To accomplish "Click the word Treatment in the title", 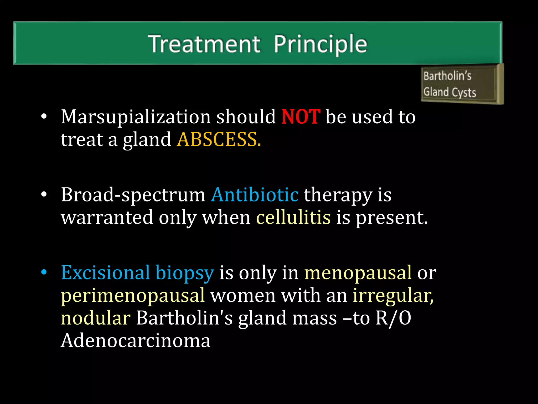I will (204, 44).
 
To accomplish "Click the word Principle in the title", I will (320, 44).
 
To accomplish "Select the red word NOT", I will (301, 117).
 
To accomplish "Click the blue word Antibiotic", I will (255, 195).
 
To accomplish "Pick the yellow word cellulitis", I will (293, 218).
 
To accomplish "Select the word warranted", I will (107, 218).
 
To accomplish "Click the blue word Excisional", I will (105, 273).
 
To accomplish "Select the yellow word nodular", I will (95, 318).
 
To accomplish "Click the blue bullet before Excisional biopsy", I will (44, 273).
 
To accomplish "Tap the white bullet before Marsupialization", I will (44, 117).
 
